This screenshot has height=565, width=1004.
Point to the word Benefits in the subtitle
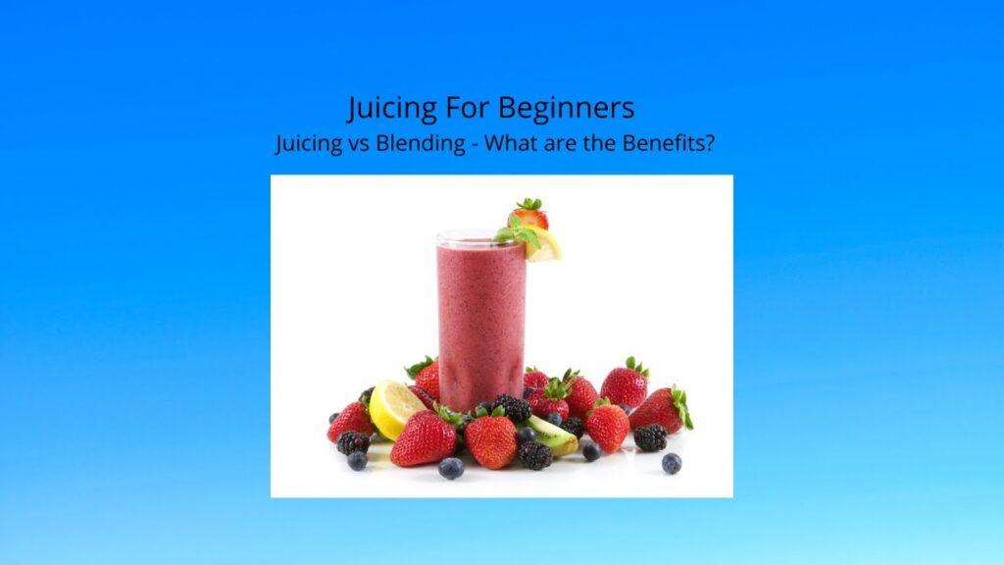coord(666,142)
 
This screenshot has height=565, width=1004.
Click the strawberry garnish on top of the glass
coord(529,213)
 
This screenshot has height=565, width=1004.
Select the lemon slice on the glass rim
coord(544,246)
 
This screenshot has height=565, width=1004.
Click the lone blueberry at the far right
coord(671,463)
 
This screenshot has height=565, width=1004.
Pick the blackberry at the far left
coord(352,442)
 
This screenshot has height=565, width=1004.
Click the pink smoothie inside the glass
coord(480,314)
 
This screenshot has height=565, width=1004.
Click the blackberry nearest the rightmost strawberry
coord(649,437)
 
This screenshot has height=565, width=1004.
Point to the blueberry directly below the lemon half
coord(358,461)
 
